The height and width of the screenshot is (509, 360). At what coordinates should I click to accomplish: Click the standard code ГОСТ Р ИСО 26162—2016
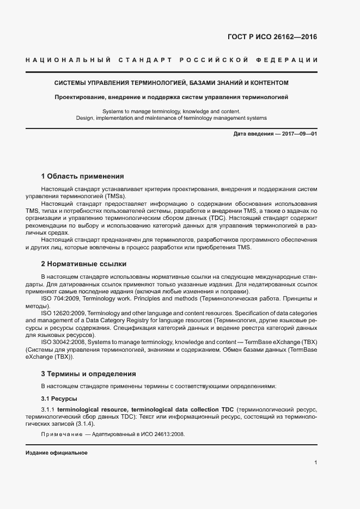coord(271,38)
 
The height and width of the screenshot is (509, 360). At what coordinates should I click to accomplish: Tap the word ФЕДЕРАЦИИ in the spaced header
coord(291,59)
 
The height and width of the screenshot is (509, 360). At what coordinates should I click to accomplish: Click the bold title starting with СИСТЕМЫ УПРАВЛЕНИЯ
coord(171,83)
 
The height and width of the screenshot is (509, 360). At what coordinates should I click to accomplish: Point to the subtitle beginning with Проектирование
coord(171,97)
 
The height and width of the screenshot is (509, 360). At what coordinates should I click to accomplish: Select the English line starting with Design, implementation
coord(171,118)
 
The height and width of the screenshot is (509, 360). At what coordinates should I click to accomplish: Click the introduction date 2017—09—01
coord(299,133)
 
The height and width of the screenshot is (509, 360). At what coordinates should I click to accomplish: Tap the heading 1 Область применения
coord(83,176)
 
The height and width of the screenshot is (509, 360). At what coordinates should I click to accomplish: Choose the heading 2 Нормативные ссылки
coord(84,264)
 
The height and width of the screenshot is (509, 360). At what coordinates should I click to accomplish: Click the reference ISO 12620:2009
coord(64,314)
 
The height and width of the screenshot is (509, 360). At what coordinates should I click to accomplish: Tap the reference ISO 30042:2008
coord(64,342)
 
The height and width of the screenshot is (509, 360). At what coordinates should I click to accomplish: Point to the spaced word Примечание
coord(60,434)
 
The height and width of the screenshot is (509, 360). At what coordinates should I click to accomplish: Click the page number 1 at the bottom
coord(316,463)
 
